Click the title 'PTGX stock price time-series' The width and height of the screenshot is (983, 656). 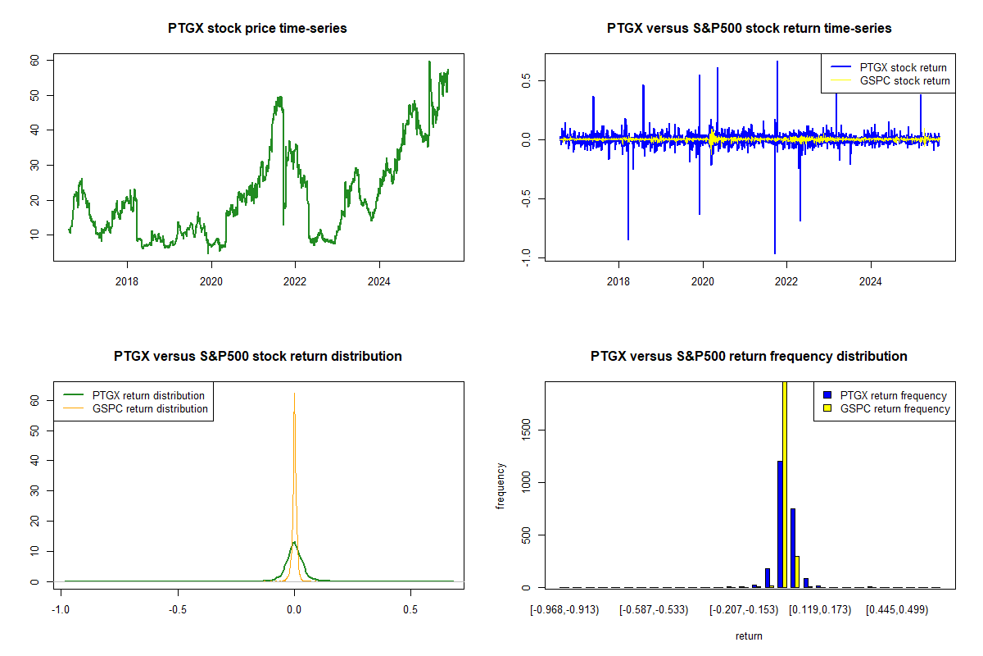(x=257, y=29)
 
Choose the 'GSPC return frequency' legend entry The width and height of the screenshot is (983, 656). (x=895, y=408)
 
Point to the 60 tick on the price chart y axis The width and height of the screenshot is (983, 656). (x=35, y=61)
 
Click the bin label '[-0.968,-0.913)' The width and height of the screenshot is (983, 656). (x=565, y=611)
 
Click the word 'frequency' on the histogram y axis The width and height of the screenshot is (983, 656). (x=501, y=486)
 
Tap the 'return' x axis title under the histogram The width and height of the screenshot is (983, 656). (x=749, y=635)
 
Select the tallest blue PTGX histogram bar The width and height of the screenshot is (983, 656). (x=780, y=525)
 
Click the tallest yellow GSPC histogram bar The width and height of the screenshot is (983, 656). (x=785, y=484)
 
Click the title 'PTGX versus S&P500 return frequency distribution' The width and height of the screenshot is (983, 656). (x=749, y=357)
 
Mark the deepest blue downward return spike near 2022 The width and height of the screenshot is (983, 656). (x=774, y=253)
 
